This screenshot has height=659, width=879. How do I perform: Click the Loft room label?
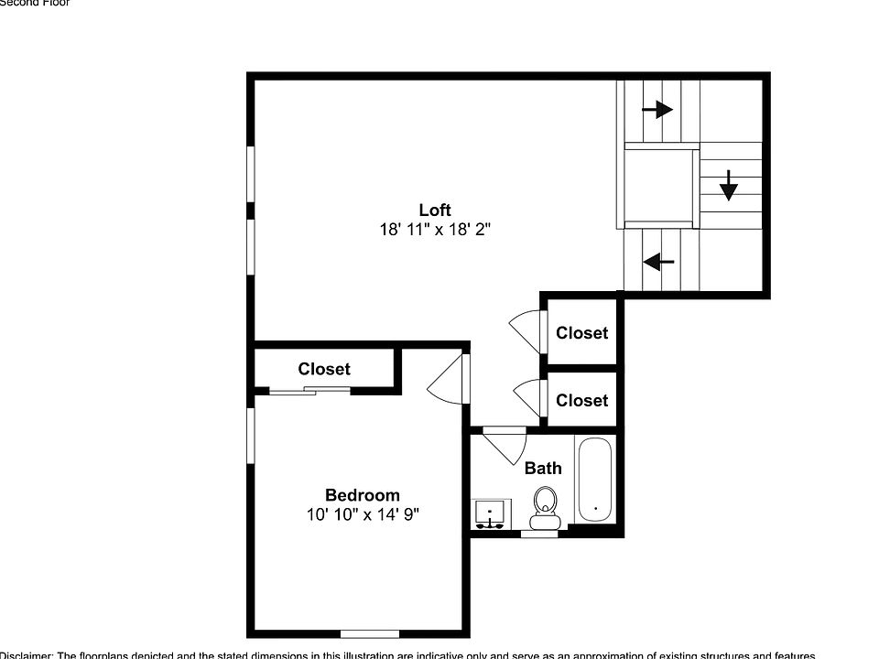pos(435,210)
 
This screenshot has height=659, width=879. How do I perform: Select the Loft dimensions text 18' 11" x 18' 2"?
pos(435,231)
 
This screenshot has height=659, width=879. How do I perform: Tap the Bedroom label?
pos(363,495)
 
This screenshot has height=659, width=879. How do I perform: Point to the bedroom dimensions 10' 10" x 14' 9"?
pos(363,515)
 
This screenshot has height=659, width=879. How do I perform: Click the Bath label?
pos(543,468)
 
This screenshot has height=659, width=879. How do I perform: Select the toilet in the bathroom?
pos(546,507)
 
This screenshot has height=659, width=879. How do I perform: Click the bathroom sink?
pos(493,514)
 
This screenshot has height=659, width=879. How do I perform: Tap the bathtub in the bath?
pos(595,481)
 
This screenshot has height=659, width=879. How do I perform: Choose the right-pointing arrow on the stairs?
pos(657,110)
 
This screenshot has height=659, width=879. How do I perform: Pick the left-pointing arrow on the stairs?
pos(658,262)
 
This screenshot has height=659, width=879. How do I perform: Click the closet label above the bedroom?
pos(324,369)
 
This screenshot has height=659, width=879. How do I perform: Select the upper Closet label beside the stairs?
pos(581,332)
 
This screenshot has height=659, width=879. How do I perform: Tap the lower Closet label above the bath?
pos(581,400)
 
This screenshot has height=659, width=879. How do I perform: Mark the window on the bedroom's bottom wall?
pos(370,632)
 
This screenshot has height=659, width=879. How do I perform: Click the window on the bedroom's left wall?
pos(250,436)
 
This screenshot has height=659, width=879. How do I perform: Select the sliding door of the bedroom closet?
pos(309,392)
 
